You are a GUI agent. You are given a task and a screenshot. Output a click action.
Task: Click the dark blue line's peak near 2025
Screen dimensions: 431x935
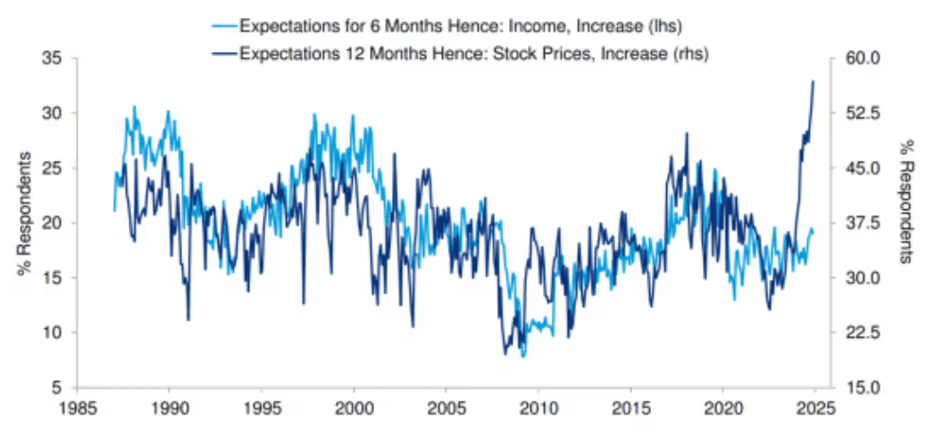814,81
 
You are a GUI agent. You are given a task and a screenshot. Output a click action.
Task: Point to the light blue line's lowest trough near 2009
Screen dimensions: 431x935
523,356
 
